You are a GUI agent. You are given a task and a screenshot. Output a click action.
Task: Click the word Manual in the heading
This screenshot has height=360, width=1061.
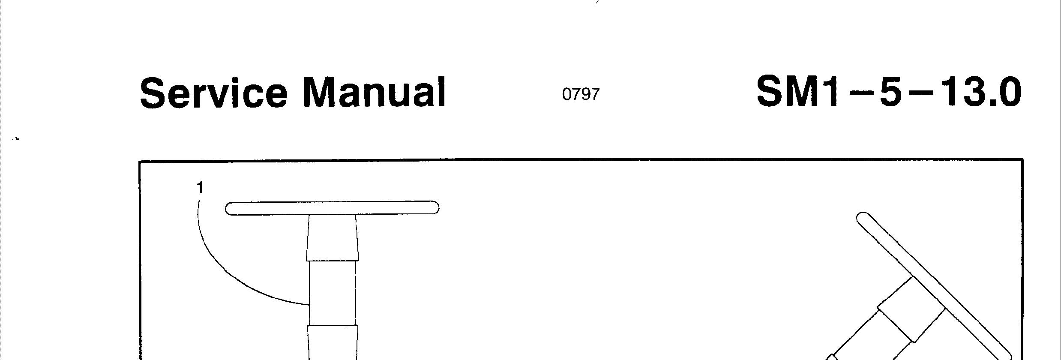coord(374,92)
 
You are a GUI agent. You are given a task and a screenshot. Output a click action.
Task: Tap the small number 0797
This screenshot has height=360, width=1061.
coord(581,94)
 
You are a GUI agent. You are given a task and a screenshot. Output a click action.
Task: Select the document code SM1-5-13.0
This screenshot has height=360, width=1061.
coord(888,92)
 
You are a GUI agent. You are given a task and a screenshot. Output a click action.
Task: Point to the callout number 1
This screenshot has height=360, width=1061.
coord(200,188)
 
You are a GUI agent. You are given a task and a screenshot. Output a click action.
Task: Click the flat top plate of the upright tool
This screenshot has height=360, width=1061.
coord(332,208)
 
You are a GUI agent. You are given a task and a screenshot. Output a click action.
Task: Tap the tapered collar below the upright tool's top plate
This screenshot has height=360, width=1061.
coord(332,238)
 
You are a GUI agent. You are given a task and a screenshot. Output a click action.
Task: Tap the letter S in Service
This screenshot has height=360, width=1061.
coord(155,92)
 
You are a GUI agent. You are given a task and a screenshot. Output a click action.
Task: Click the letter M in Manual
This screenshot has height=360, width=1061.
coord(321,92)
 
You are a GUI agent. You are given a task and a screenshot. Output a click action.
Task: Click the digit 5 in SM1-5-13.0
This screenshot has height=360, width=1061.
coord(890,92)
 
